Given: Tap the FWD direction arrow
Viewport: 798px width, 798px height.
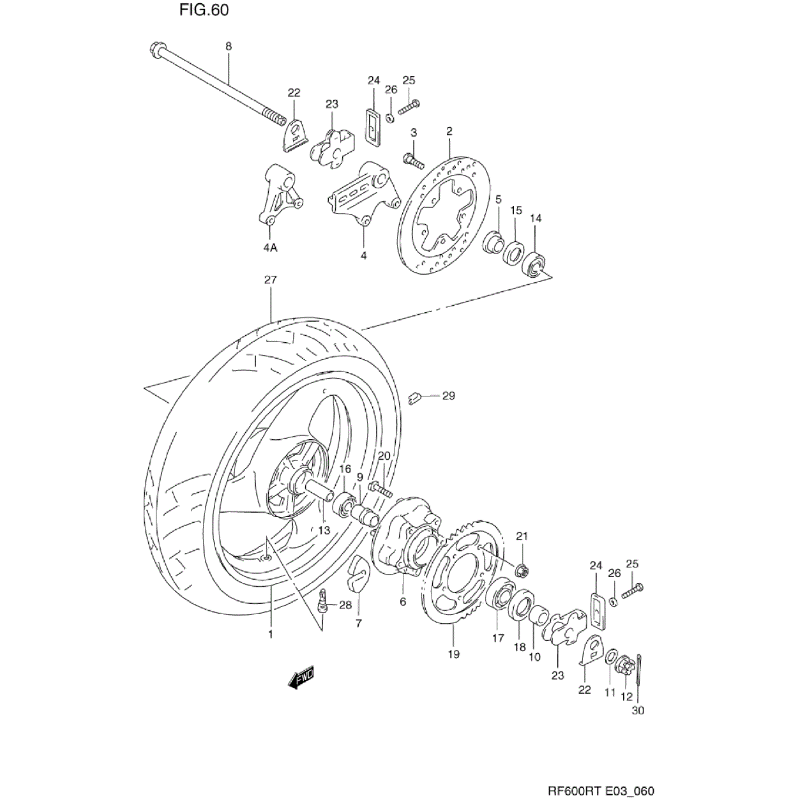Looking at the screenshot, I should (x=301, y=678).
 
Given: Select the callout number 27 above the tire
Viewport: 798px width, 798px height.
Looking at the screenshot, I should (x=270, y=280).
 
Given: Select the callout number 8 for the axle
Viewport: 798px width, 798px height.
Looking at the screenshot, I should (x=229, y=46).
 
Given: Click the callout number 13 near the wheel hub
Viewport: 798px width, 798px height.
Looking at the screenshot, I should (x=324, y=530).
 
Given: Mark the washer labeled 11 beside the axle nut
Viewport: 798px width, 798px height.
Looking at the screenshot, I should (x=610, y=658).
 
